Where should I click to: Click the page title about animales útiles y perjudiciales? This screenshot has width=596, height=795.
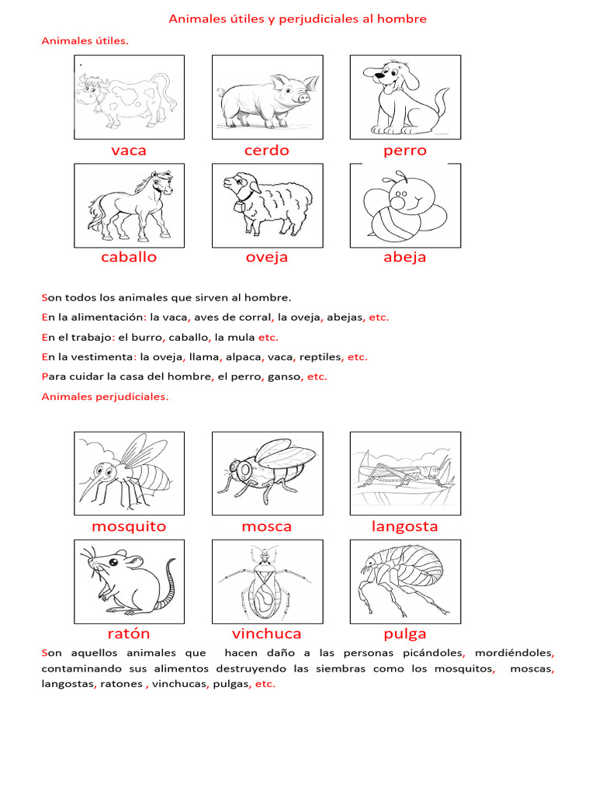(297, 19)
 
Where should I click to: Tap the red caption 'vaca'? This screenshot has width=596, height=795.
(129, 151)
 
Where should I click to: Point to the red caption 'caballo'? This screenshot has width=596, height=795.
(129, 257)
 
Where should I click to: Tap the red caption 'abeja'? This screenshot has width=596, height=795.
(404, 257)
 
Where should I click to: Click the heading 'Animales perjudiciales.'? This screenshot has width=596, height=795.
(105, 397)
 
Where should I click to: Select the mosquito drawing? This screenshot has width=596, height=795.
(129, 473)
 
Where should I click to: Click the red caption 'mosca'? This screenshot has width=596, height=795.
(267, 526)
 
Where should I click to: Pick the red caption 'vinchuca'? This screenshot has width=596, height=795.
(267, 634)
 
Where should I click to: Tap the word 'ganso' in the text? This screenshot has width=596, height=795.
(284, 377)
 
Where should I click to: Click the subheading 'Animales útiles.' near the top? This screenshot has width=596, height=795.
(85, 40)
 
